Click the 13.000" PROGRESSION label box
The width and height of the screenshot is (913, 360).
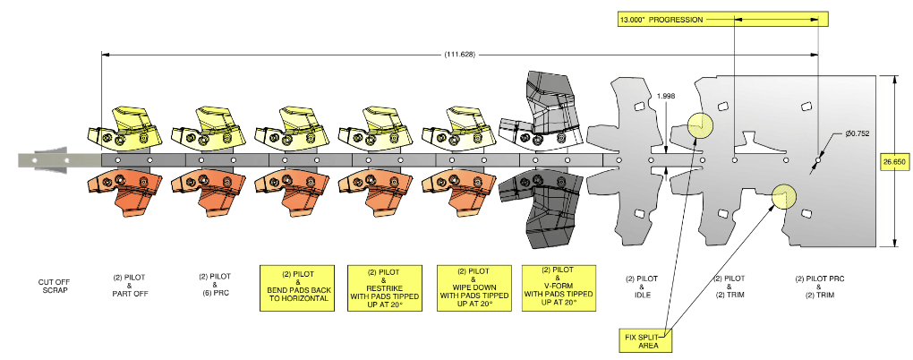click(x=722, y=19)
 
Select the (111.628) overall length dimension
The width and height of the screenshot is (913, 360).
click(x=460, y=55)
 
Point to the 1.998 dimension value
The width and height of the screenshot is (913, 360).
click(x=666, y=97)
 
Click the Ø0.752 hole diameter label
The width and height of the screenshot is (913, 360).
click(x=858, y=133)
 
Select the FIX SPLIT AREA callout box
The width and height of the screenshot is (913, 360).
click(x=644, y=340)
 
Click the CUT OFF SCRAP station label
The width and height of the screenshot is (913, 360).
click(x=55, y=286)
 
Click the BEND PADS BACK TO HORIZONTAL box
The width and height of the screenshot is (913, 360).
click(x=297, y=287)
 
